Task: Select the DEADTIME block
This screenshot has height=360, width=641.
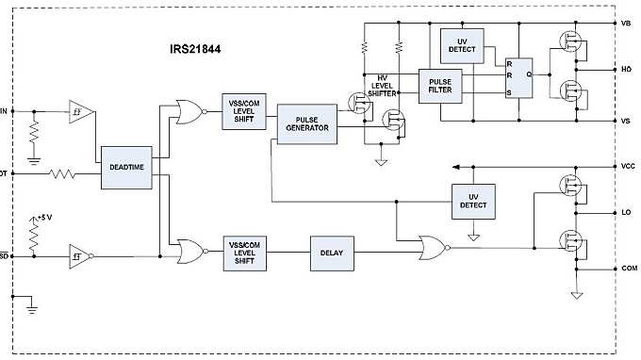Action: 125,167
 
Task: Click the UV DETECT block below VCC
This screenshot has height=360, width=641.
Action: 472,200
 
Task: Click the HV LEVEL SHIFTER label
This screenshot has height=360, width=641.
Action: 384,87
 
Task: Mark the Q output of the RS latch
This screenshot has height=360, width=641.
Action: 529,73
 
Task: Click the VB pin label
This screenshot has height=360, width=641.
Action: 626,23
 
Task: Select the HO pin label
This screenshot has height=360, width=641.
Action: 626,69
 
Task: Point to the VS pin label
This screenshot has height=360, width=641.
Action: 626,121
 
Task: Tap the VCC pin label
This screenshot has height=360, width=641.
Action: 627,166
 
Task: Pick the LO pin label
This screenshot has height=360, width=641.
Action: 626,214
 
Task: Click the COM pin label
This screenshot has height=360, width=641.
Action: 628,269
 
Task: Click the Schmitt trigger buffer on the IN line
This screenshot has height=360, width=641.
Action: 81,110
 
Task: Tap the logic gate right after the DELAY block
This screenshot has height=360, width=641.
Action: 431,249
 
